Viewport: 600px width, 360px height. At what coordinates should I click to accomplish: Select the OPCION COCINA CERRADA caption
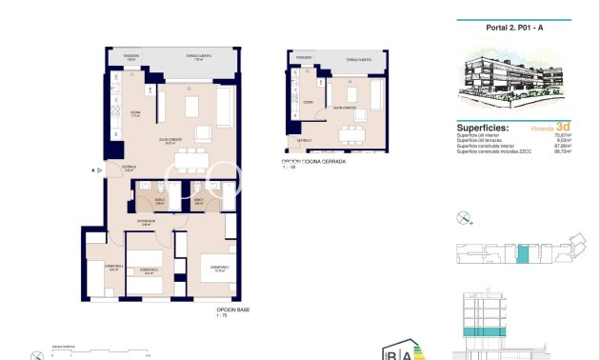pos(313,162)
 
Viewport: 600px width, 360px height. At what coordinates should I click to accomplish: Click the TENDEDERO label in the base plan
pos(130,55)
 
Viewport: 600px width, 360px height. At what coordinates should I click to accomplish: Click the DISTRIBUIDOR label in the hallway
pos(146,222)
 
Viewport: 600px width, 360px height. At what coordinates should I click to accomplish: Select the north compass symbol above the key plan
pos(464,218)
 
